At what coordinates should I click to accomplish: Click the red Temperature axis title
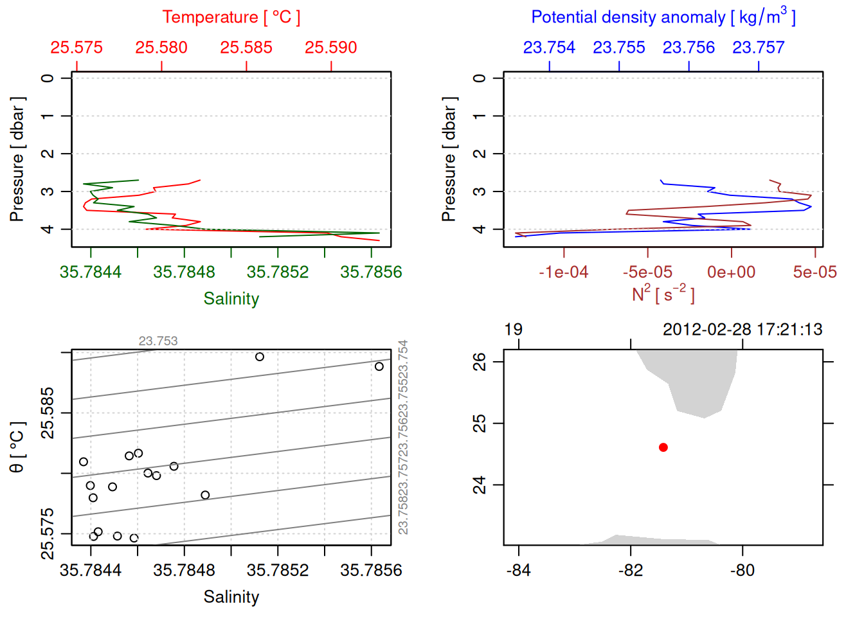pyautogui.click(x=231, y=17)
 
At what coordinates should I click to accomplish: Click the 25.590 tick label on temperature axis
pyautogui.click(x=330, y=48)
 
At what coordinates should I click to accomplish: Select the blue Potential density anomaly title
pyautogui.click(x=663, y=17)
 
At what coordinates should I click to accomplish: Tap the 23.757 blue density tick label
pyautogui.click(x=758, y=48)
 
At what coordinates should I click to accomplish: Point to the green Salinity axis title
pyautogui.click(x=231, y=299)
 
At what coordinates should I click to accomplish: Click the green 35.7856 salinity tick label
pyautogui.click(x=371, y=273)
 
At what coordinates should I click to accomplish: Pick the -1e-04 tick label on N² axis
pyautogui.click(x=563, y=273)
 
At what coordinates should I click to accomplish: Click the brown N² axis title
pyautogui.click(x=663, y=294)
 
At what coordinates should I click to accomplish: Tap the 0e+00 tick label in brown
pyautogui.click(x=731, y=273)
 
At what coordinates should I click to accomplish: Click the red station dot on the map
pyautogui.click(x=663, y=447)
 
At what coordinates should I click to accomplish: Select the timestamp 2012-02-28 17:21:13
pyautogui.click(x=742, y=330)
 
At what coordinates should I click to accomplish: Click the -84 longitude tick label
pyautogui.click(x=518, y=571)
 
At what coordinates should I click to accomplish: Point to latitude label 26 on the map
pyautogui.click(x=480, y=362)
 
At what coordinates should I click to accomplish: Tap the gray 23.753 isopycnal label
pyautogui.click(x=158, y=341)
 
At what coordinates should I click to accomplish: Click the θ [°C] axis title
pyautogui.click(x=17, y=447)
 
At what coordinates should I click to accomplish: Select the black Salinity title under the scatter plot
pyautogui.click(x=231, y=597)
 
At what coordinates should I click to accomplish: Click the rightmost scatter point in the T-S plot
pyautogui.click(x=379, y=366)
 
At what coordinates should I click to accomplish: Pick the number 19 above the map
pyautogui.click(x=513, y=330)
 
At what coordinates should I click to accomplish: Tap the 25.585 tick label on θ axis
pyautogui.click(x=48, y=413)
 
